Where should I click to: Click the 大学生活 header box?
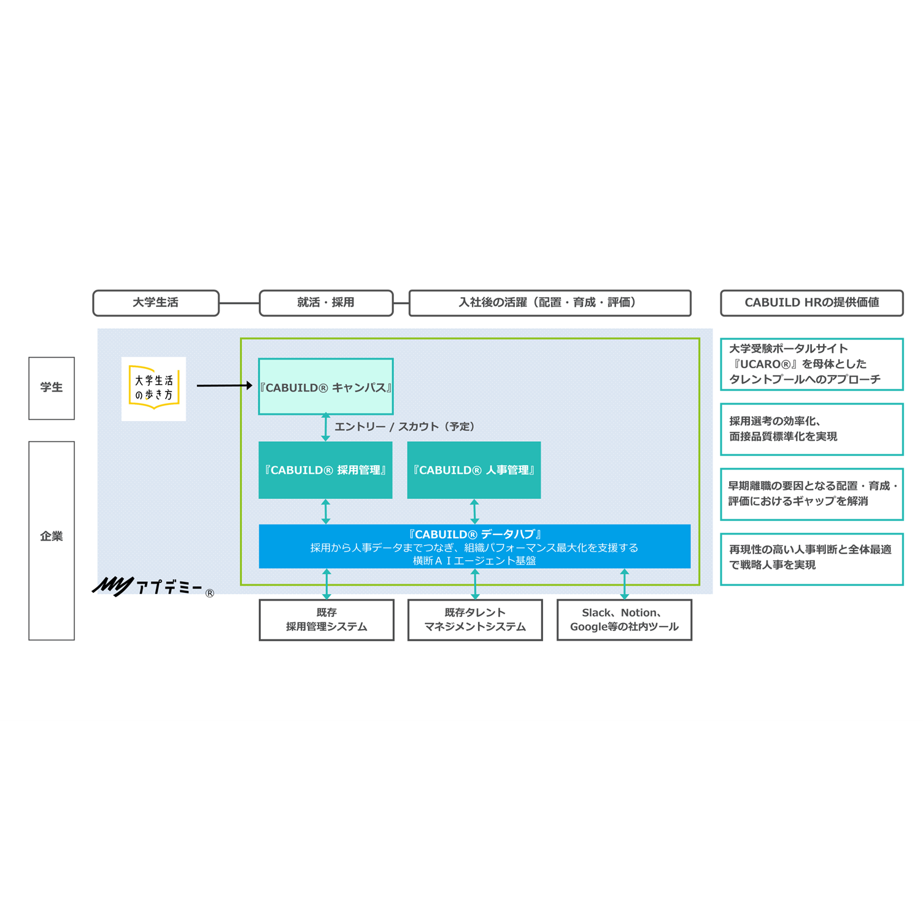click(x=156, y=303)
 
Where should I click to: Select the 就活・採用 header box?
click(x=326, y=303)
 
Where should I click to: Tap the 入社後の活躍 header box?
click(x=549, y=303)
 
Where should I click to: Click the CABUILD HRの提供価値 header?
click(x=811, y=303)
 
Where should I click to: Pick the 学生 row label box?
click(x=52, y=388)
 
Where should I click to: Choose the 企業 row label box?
click(x=52, y=540)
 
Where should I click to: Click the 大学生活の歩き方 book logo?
click(x=153, y=388)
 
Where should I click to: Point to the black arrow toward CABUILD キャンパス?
click(x=224, y=385)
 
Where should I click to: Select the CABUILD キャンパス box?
click(x=326, y=387)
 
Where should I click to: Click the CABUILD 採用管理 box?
click(x=325, y=470)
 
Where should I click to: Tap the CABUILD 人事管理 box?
click(x=474, y=470)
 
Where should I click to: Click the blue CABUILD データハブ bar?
click(x=474, y=546)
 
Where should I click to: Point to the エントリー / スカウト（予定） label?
click(x=404, y=427)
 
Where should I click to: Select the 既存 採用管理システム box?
click(x=326, y=620)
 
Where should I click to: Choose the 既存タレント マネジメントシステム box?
click(x=475, y=620)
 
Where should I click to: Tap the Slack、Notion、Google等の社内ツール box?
click(x=624, y=620)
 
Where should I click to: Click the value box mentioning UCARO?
click(x=811, y=364)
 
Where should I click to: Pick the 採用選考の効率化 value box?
click(x=811, y=429)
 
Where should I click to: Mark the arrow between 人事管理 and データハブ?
click(x=474, y=511)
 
